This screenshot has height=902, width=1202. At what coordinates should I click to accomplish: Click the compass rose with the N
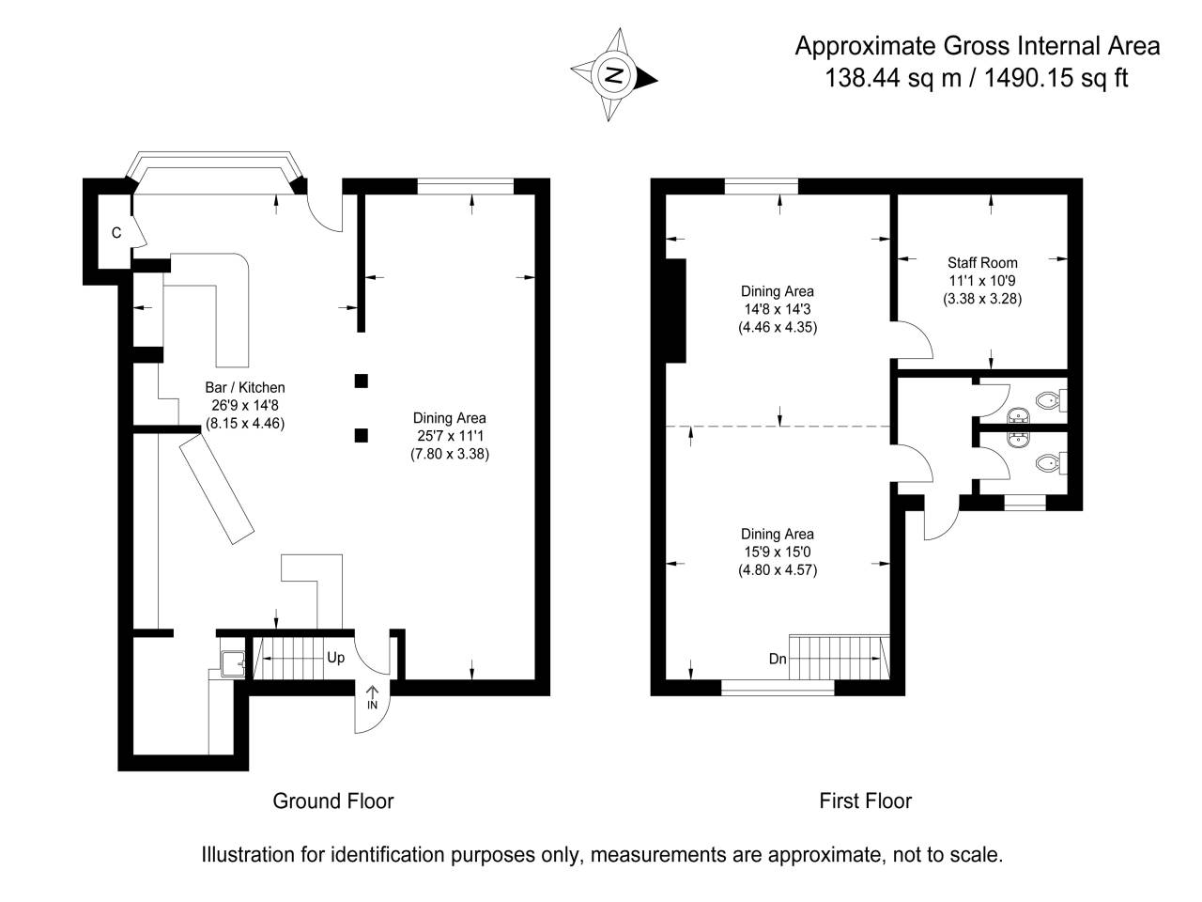tap(614, 75)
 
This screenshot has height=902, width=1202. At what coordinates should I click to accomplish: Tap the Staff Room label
tap(982, 262)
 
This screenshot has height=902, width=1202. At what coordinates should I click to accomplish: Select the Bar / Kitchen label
tap(244, 387)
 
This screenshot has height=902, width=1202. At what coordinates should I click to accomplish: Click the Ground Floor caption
tap(332, 801)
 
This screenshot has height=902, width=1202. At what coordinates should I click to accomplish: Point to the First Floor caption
tap(865, 801)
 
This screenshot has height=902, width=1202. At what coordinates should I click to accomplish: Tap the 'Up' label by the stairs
tap(335, 658)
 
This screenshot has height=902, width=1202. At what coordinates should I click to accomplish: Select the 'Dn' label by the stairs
tap(778, 660)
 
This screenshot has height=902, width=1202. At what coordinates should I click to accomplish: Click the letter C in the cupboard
tap(116, 233)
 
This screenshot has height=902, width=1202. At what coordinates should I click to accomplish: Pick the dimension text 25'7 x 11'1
tap(450, 436)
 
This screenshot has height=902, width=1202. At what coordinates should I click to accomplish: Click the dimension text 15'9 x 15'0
tap(777, 552)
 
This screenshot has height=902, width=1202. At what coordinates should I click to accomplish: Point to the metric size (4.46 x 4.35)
tap(777, 328)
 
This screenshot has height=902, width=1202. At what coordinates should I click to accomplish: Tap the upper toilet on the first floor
tap(1049, 401)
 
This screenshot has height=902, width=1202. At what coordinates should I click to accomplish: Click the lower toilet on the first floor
tap(1049, 462)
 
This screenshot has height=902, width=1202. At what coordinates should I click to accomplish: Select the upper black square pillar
tap(361, 381)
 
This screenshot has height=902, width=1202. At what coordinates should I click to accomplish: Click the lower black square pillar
tap(361, 434)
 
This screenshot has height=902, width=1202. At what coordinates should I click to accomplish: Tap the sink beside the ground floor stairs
tap(231, 663)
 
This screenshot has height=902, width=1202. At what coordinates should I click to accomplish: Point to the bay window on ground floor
tap(216, 172)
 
